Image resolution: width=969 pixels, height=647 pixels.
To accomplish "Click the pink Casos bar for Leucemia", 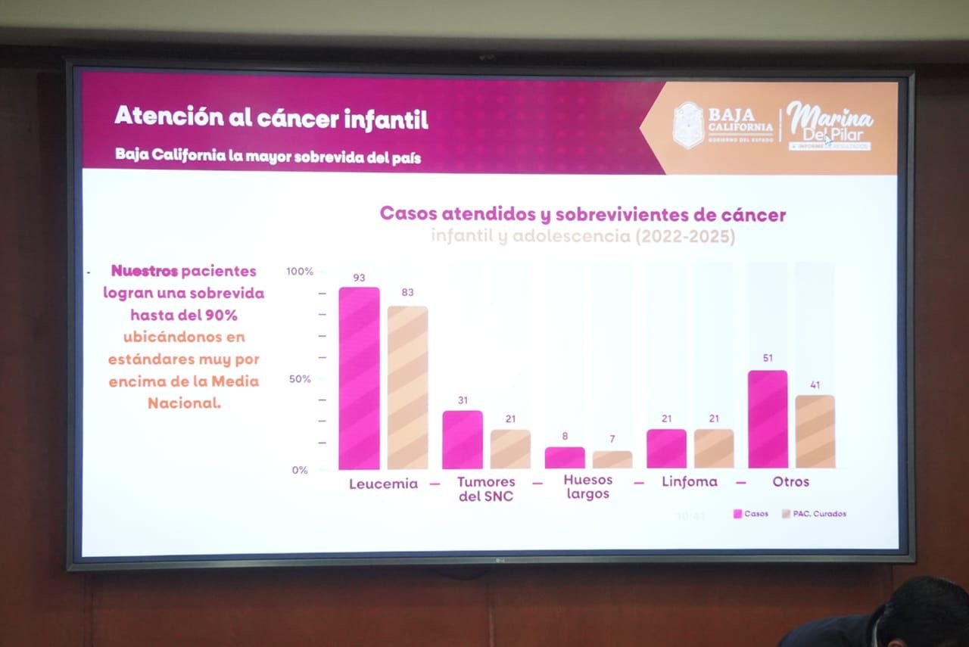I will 359,378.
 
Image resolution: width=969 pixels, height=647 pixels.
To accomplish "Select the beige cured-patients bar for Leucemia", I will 407,387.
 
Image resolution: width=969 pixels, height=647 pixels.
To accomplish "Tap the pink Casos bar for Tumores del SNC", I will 463,440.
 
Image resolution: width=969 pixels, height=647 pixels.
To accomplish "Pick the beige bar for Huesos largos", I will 612,459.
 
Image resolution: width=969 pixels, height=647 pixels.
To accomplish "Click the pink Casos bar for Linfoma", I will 666,449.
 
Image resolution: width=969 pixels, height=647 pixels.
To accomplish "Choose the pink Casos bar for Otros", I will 768,419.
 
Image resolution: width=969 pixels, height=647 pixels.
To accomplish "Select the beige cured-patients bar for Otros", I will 815,431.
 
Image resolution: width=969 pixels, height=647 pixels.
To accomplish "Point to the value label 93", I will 359,278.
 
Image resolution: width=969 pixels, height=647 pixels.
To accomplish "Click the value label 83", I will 407,292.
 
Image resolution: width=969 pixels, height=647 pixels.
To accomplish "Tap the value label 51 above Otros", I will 767,359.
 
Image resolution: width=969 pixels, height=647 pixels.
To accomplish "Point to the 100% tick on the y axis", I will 299,271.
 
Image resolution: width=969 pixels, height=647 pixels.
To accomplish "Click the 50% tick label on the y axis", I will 300,378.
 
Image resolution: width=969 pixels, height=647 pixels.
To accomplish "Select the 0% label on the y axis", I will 300,470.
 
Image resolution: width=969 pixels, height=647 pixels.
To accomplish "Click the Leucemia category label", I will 383,484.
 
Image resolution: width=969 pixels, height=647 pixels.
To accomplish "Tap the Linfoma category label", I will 689,481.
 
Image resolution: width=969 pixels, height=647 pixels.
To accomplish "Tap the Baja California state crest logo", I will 688,125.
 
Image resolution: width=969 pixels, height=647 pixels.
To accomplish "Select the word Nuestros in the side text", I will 145,271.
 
